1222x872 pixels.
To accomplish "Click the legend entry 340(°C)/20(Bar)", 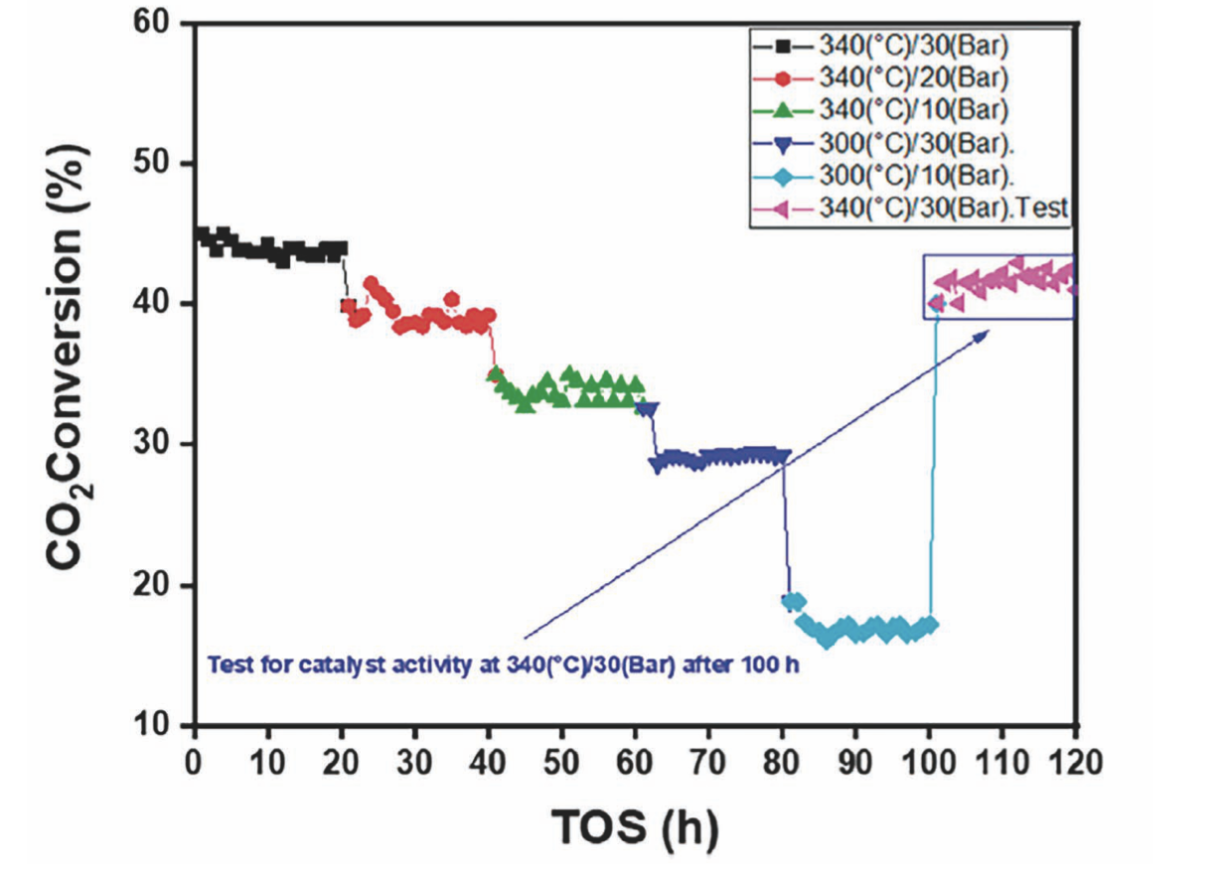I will (x=915, y=75).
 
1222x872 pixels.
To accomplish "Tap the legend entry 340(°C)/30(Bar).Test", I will (x=943, y=208).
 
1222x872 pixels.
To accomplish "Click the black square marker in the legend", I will (x=781, y=44).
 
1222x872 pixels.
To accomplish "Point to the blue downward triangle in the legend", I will (x=781, y=143).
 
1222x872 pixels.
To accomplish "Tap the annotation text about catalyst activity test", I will (x=503, y=666).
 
